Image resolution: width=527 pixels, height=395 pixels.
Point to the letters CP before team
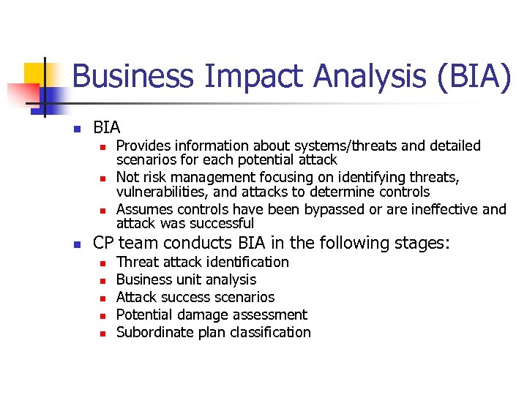tap(103, 243)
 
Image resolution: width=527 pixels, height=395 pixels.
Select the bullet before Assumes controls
tap(103, 211)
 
